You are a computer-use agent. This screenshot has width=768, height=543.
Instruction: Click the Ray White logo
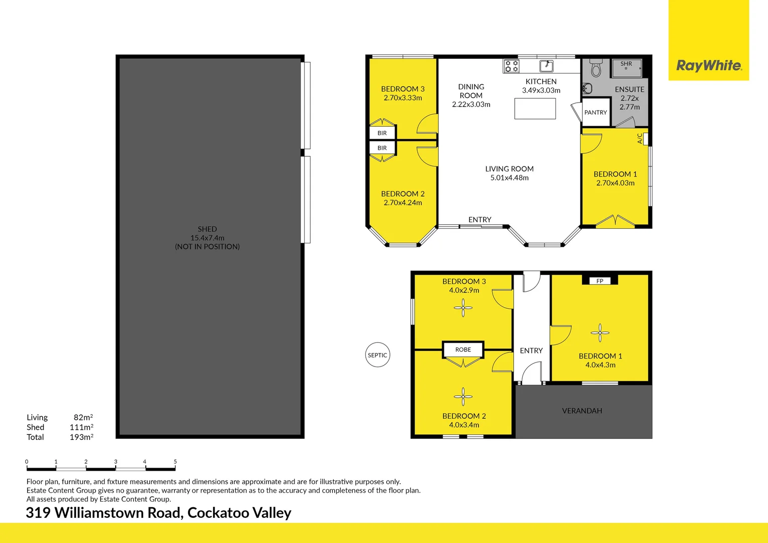click(x=709, y=65)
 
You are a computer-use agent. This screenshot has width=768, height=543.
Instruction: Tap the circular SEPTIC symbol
click(x=377, y=355)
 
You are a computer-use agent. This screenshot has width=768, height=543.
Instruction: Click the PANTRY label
click(x=596, y=113)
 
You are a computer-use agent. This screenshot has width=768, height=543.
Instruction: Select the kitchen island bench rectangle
click(x=535, y=109)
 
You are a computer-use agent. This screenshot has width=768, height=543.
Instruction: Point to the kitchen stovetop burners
click(x=512, y=66)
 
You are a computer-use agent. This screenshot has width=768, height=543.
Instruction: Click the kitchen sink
click(x=546, y=66)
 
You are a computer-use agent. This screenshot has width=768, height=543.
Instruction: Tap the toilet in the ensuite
click(x=596, y=68)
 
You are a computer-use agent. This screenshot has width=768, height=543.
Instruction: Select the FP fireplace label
click(x=600, y=281)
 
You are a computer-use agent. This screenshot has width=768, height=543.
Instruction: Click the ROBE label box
click(x=463, y=349)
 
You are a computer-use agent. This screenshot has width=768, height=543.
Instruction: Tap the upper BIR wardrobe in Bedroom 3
click(x=382, y=133)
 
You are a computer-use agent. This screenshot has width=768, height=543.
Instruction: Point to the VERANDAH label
click(x=582, y=411)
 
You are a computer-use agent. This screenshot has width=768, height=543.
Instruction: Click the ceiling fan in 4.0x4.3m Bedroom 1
click(x=600, y=333)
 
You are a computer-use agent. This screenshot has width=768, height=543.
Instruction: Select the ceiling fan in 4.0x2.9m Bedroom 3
click(x=463, y=308)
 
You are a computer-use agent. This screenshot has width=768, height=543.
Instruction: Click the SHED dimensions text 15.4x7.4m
click(x=207, y=238)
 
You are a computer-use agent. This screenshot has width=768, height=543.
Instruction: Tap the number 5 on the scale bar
click(x=175, y=462)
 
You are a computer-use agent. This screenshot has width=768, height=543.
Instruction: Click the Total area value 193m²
click(x=81, y=437)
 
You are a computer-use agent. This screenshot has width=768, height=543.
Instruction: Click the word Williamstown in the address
click(x=119, y=513)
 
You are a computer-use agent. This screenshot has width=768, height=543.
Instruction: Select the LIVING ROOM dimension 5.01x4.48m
click(x=509, y=178)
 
